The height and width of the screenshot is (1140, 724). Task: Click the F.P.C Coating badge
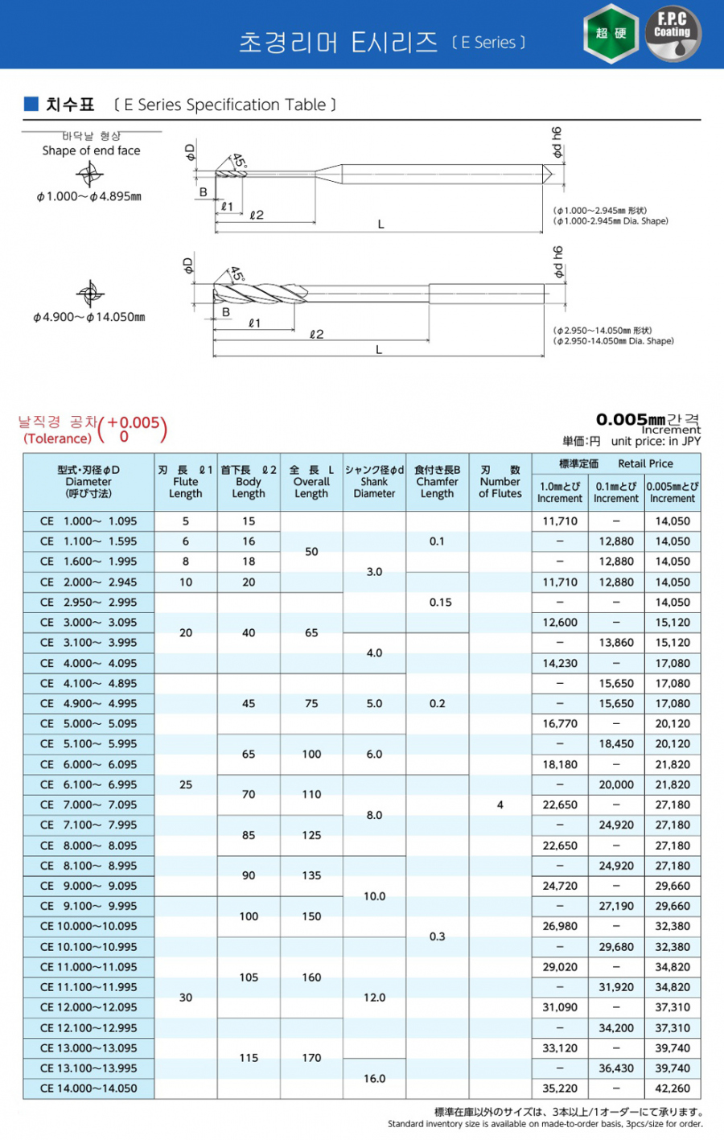[x=673, y=33]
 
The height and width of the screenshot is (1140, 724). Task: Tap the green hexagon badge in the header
[x=611, y=33]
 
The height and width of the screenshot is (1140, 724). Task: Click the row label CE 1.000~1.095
[x=88, y=521]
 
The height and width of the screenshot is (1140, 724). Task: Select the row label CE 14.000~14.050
[x=88, y=1089]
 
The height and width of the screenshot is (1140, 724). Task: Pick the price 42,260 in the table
[x=673, y=1089]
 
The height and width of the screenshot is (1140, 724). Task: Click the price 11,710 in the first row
[x=560, y=521]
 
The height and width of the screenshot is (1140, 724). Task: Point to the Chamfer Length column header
[x=437, y=482]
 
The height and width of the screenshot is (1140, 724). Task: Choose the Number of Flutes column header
[x=500, y=482]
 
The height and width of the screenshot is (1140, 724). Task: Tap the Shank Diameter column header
[x=374, y=482]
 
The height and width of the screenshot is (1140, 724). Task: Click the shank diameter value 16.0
[x=374, y=1079]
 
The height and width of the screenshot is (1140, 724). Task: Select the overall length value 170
[x=311, y=1058]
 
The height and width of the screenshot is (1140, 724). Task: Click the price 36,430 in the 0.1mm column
[x=616, y=1068]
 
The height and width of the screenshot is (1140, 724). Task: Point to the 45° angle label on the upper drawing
[x=239, y=161]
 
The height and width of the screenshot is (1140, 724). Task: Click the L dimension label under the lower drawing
[x=379, y=350]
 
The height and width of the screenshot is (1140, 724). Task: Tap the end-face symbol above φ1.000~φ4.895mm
[x=89, y=174]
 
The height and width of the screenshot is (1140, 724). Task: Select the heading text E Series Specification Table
[x=224, y=105]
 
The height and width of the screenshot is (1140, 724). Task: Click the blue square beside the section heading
[x=31, y=104]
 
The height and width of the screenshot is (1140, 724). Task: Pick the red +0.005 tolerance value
[x=133, y=422]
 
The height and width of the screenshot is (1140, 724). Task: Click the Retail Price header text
[x=645, y=463]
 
